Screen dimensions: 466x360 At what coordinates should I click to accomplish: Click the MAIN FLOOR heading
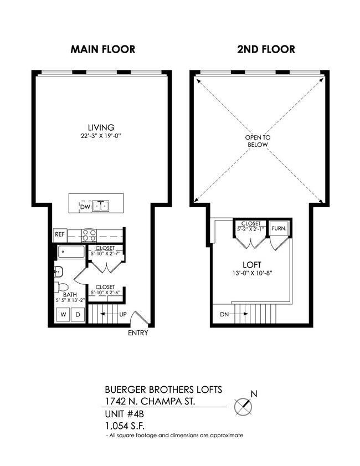click(x=102, y=49)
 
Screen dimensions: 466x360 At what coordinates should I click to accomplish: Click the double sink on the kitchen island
click(x=101, y=206)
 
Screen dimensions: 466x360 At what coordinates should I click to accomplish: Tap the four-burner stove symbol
click(x=89, y=235)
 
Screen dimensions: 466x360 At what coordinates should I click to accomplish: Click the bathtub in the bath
click(x=71, y=253)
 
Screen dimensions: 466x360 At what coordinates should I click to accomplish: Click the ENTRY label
click(x=138, y=333)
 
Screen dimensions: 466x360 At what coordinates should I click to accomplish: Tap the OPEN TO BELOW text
click(x=258, y=141)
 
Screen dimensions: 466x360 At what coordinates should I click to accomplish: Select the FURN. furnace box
click(x=279, y=228)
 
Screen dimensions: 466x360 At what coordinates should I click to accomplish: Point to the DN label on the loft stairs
click(x=224, y=314)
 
